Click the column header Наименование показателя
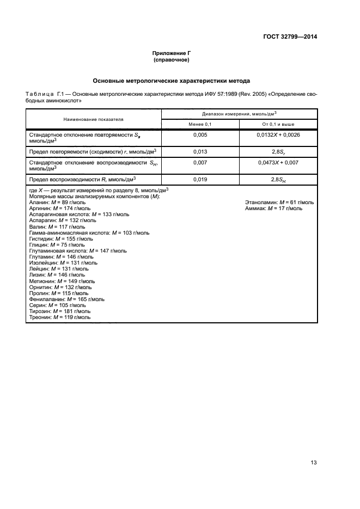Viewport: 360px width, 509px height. [x=93, y=119]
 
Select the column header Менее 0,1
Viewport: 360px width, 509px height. [x=200, y=124]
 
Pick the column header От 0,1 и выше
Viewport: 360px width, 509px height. [x=278, y=124]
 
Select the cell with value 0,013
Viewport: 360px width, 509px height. [x=200, y=151]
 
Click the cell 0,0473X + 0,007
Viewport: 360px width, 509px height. [x=278, y=162]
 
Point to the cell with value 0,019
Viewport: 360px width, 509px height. [x=200, y=179]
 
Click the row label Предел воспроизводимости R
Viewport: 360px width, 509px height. [x=82, y=179]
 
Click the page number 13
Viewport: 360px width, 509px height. [x=313, y=463]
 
